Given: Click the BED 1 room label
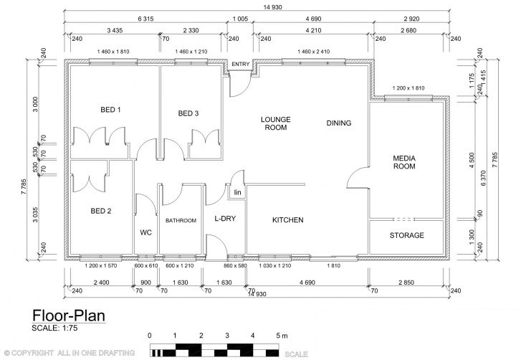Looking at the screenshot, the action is click(x=110, y=110).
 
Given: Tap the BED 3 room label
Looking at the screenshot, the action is click(x=188, y=113).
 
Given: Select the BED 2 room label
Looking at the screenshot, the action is click(x=100, y=212).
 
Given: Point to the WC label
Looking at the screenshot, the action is click(x=145, y=232).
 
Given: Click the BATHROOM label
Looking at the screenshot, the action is click(x=181, y=221).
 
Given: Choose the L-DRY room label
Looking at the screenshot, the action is click(x=225, y=219).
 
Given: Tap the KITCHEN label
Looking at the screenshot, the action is click(x=288, y=220).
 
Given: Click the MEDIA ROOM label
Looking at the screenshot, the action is click(x=404, y=162).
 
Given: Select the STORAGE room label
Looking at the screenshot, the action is click(x=406, y=235).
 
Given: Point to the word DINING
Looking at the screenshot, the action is click(x=339, y=123).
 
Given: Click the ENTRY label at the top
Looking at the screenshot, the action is click(x=241, y=64).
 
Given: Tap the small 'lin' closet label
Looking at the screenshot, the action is click(x=237, y=192).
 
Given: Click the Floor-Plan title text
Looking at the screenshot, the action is click(x=69, y=316).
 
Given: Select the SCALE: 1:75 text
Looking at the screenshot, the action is click(x=54, y=328).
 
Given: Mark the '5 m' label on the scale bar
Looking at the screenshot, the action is click(x=282, y=336).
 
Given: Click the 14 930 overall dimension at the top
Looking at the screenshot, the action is click(x=272, y=7).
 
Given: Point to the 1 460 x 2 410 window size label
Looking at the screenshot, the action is click(x=314, y=52).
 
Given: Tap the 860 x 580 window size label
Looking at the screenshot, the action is click(x=235, y=265).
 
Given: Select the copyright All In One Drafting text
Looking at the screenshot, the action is click(x=70, y=353).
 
